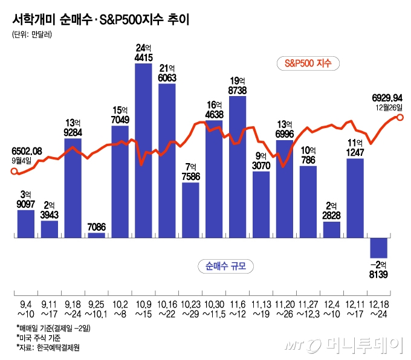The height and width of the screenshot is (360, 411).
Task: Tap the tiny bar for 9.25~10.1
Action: (96, 234)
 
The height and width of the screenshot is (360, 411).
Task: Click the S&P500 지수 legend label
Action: (308, 63)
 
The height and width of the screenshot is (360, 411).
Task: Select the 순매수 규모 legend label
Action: (224, 266)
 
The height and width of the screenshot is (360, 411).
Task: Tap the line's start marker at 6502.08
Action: (15, 171)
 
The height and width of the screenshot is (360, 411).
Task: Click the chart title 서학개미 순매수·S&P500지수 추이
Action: (100, 19)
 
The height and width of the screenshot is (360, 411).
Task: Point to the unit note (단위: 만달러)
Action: (32, 35)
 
